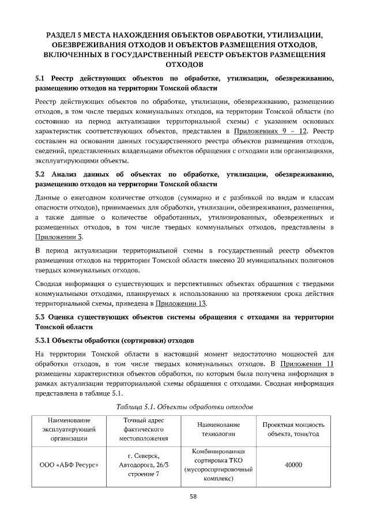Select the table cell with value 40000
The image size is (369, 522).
tap(294, 465)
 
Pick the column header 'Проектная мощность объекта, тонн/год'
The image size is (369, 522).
tap(294, 429)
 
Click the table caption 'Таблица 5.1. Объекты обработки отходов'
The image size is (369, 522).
tap(184, 407)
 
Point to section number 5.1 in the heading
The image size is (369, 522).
tap(40, 77)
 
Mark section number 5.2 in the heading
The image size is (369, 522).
tap(40, 174)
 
